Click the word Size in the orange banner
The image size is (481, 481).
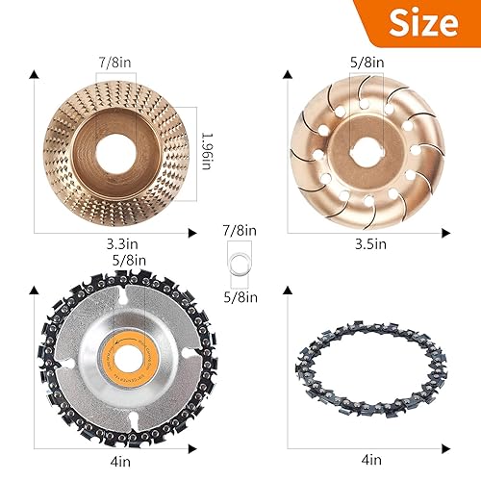pyautogui.click(x=421, y=24)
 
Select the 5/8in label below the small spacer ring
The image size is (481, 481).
pyautogui.click(x=239, y=297)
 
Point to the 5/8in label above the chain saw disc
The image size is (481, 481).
pyautogui.click(x=129, y=260)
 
